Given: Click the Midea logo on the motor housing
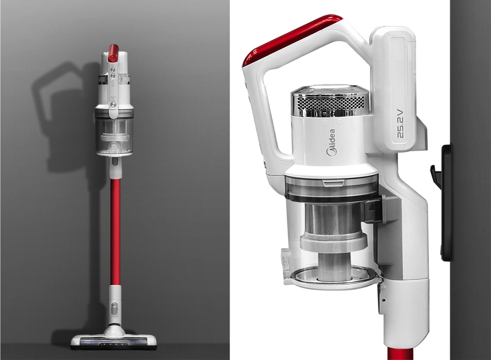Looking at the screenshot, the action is (x=331, y=143).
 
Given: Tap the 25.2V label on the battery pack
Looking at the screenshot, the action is (x=400, y=124).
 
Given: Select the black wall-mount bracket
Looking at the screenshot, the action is (x=446, y=202).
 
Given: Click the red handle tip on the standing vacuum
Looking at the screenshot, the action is (x=113, y=53).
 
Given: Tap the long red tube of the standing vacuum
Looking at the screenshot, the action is (x=115, y=232).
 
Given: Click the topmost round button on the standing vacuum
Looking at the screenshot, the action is (x=113, y=70).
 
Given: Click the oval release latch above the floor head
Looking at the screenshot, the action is (x=114, y=309).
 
